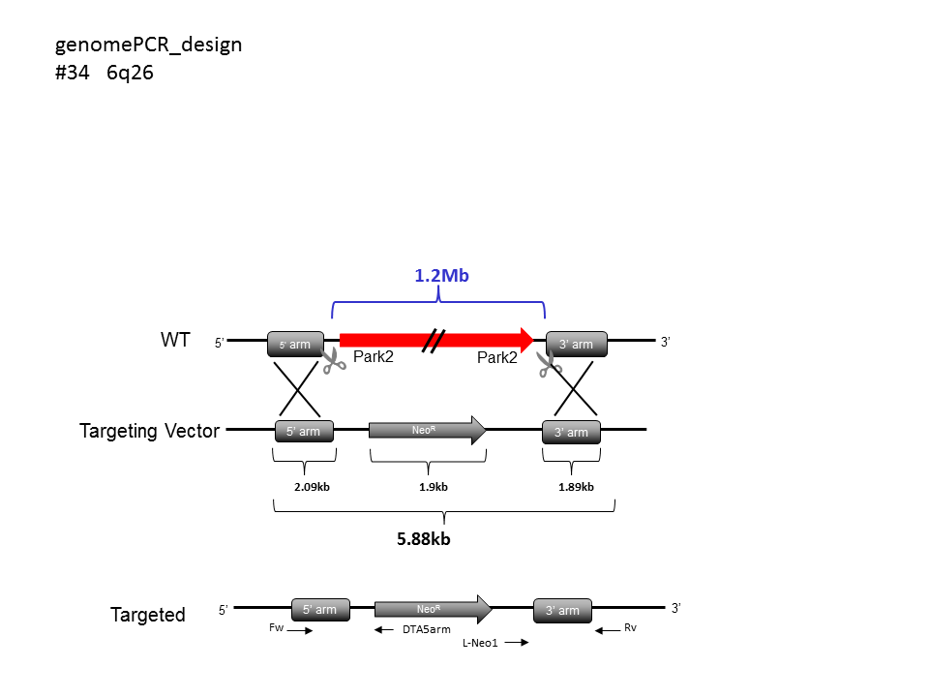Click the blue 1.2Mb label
(x=441, y=276)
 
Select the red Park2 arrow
(x=436, y=340)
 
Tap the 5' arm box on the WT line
(x=296, y=344)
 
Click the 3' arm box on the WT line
(x=577, y=344)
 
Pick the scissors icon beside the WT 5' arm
(x=334, y=361)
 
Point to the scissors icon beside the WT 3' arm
(x=550, y=363)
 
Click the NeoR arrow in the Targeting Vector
(x=427, y=430)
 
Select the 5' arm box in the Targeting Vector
(x=304, y=431)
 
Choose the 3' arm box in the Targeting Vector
(x=571, y=432)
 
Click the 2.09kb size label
(x=312, y=487)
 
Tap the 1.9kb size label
(x=434, y=487)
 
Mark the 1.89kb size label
(x=576, y=487)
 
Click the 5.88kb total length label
(x=424, y=539)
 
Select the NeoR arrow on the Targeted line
(x=434, y=609)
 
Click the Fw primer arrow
(x=300, y=630)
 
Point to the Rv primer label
(x=630, y=627)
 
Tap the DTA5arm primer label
(x=427, y=629)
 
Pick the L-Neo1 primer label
(x=480, y=643)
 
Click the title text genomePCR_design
(x=149, y=45)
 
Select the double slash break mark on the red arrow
(x=434, y=341)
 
